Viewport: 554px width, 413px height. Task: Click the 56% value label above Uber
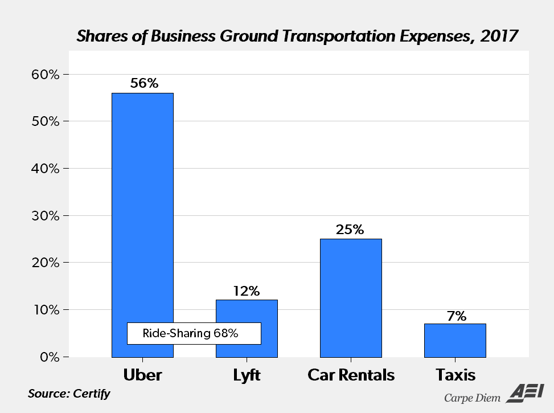point(143,83)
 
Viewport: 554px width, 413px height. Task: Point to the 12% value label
point(247,291)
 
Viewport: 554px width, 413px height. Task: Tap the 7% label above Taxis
point(455,316)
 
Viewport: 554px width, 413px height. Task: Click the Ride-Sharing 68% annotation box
point(194,333)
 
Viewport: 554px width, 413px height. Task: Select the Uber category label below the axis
point(142,375)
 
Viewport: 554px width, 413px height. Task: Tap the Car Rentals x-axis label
point(351,375)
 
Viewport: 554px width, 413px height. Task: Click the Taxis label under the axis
point(455,375)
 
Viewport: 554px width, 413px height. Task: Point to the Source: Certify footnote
point(69,394)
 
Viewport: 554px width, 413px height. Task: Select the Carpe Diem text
point(472,397)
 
